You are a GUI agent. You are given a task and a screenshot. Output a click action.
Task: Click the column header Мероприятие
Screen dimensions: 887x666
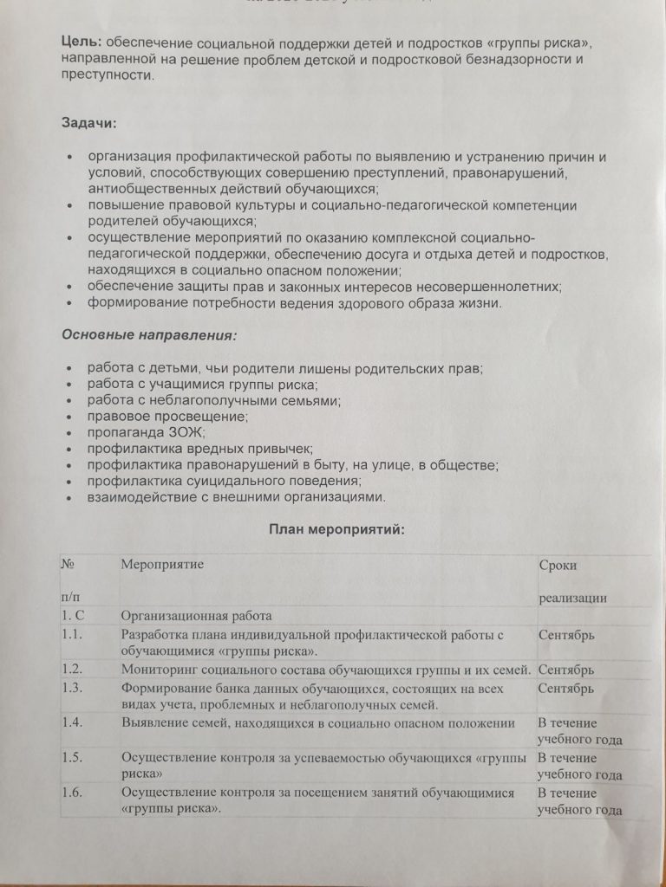[162, 565]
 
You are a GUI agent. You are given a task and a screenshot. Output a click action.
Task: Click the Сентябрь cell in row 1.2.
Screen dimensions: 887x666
[566, 670]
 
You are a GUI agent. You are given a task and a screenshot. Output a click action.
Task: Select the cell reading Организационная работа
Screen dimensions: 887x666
[197, 616]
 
